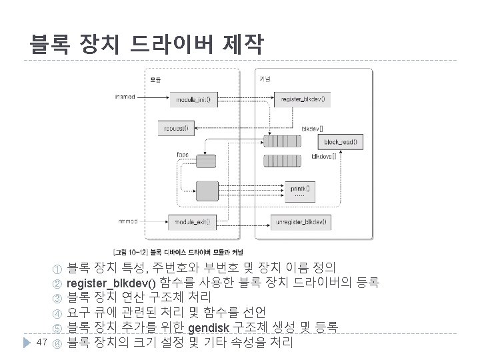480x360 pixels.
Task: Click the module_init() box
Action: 192,99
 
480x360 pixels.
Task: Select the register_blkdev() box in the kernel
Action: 303,99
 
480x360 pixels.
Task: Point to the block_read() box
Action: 340,141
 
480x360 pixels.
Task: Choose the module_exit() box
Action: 192,221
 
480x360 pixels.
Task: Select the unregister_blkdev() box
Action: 303,221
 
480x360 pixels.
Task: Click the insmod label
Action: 125,97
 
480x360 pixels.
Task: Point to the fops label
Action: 182,155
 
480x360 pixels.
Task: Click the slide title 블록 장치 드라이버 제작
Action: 146,45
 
